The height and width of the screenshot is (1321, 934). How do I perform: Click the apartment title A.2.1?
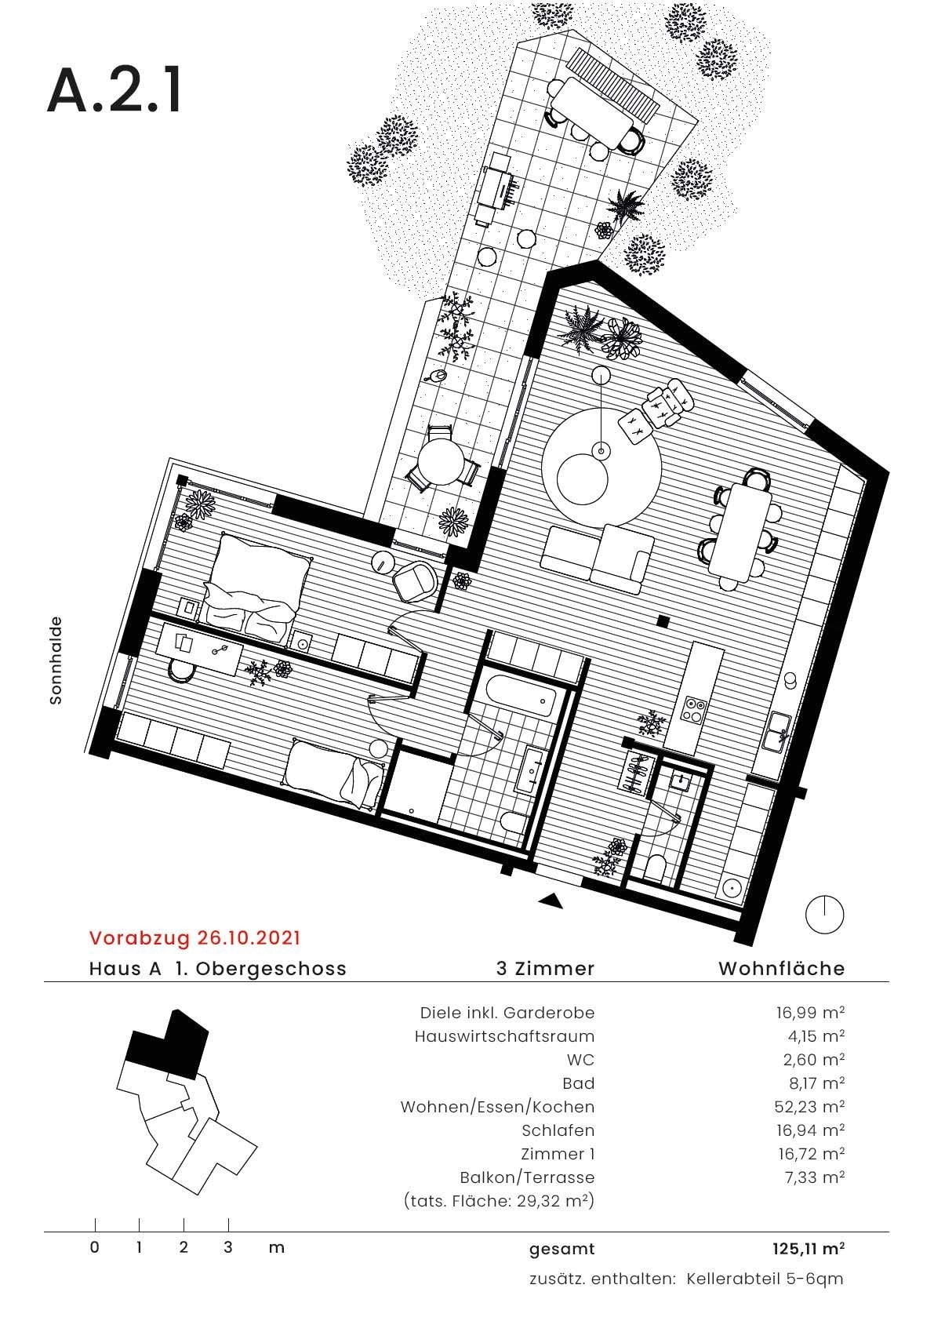click(114, 91)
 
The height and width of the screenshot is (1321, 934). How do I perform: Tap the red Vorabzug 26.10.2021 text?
click(194, 937)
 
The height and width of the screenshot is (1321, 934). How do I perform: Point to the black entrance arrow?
click(551, 901)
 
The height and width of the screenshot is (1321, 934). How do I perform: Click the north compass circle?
click(825, 915)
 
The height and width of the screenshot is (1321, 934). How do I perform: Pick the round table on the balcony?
click(440, 462)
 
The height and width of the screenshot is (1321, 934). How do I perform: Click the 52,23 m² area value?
click(809, 1107)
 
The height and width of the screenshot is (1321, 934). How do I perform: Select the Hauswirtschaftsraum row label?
click(504, 1036)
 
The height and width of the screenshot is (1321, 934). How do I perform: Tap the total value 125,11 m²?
click(808, 1248)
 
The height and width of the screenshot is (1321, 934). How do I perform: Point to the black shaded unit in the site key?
click(166, 1043)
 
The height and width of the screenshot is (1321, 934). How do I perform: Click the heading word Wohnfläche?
click(781, 968)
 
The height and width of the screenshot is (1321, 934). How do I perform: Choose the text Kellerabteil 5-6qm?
click(765, 1279)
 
